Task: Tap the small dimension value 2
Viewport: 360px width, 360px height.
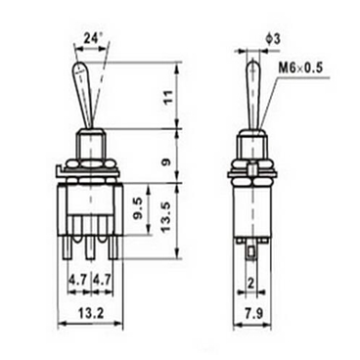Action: pos(252,283)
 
